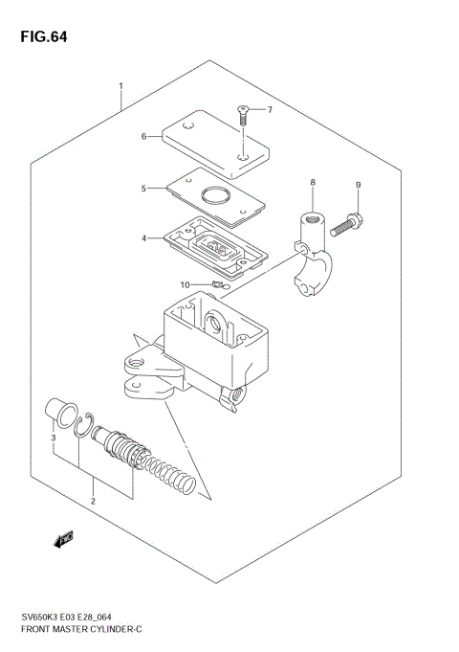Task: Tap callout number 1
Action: (120, 87)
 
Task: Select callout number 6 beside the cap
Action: (144, 137)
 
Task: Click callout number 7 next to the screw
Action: (269, 110)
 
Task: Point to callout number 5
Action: (144, 189)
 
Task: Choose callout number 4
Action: (144, 238)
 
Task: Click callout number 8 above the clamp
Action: (312, 182)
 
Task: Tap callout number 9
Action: (358, 184)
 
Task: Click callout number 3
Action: (54, 438)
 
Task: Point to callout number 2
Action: (93, 501)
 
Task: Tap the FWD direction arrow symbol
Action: (65, 541)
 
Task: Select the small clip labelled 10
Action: (217, 284)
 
